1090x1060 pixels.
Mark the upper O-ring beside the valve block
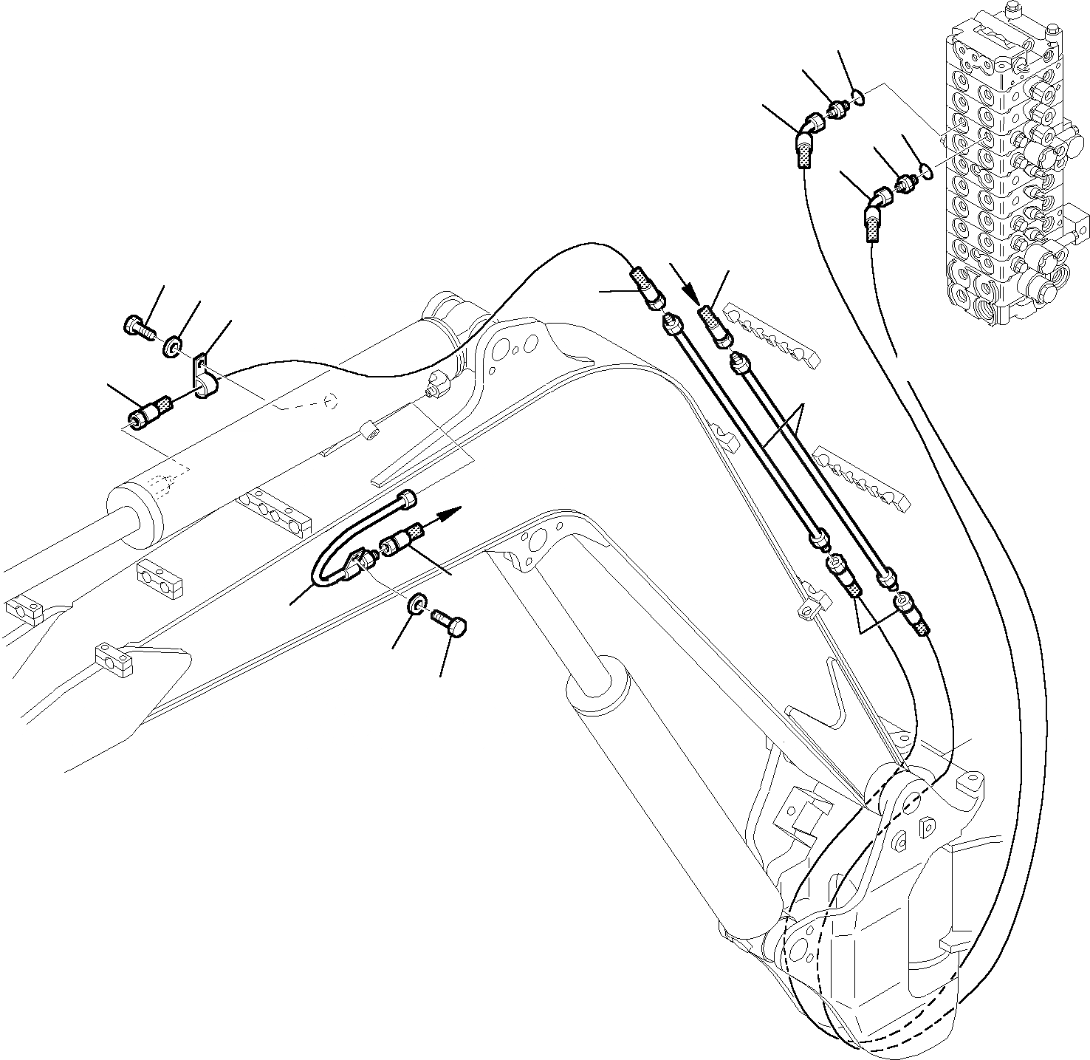point(857,95)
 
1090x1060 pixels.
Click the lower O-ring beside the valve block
point(925,172)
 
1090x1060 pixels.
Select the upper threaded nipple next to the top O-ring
point(836,110)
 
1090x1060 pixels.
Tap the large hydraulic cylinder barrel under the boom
point(665,790)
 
